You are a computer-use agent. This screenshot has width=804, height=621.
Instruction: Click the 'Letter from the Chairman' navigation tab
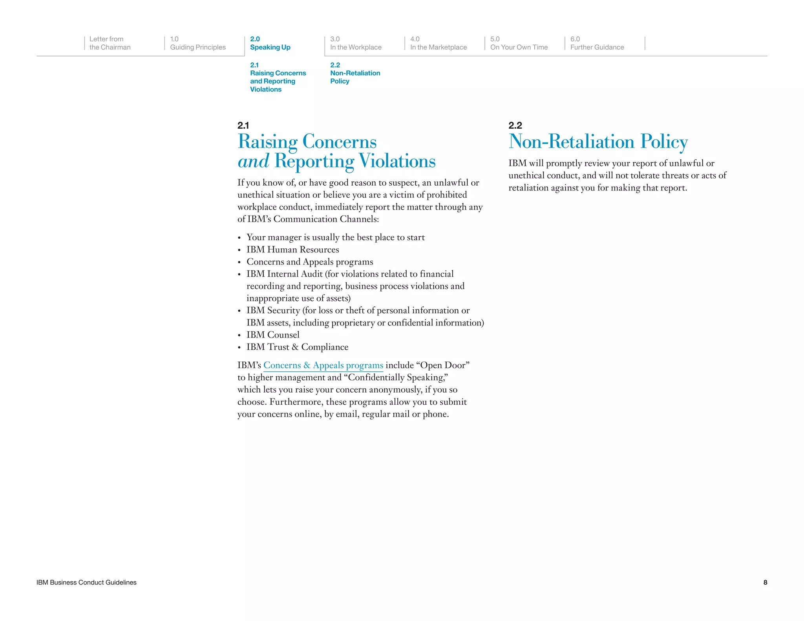[x=110, y=43]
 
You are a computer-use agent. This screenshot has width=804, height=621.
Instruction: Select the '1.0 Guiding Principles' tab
[x=197, y=43]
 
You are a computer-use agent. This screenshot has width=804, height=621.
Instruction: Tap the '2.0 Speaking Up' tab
[x=270, y=43]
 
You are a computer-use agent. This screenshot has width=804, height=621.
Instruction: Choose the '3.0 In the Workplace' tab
[x=355, y=43]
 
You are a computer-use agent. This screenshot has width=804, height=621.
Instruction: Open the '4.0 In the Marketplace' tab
[x=438, y=43]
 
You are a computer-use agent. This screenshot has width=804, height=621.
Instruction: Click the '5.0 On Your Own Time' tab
[x=519, y=43]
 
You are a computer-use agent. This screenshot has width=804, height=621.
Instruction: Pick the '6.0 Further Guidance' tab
[x=597, y=43]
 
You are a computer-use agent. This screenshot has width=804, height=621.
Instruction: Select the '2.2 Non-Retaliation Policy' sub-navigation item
[x=355, y=73]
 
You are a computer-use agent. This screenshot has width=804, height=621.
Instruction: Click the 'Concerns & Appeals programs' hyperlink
[x=323, y=365]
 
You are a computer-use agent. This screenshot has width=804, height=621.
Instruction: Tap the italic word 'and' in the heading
[x=253, y=161]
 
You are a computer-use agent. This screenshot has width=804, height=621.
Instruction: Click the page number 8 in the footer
[x=765, y=583]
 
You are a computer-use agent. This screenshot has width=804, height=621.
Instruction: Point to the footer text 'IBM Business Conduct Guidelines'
[x=86, y=583]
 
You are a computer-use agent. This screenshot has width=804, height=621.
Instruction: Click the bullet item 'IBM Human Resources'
[x=292, y=250]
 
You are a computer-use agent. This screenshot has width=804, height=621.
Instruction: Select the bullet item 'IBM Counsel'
[x=273, y=335]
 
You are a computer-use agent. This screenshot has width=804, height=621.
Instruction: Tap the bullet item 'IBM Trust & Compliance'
[x=297, y=347]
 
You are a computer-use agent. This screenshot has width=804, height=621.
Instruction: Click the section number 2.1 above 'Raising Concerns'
[x=243, y=126]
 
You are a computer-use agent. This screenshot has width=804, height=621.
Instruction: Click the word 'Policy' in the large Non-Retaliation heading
[x=663, y=142]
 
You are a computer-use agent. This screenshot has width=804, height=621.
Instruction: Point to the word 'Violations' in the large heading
[x=397, y=161]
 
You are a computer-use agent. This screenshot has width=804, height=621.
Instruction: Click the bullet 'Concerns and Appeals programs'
[x=310, y=262]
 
